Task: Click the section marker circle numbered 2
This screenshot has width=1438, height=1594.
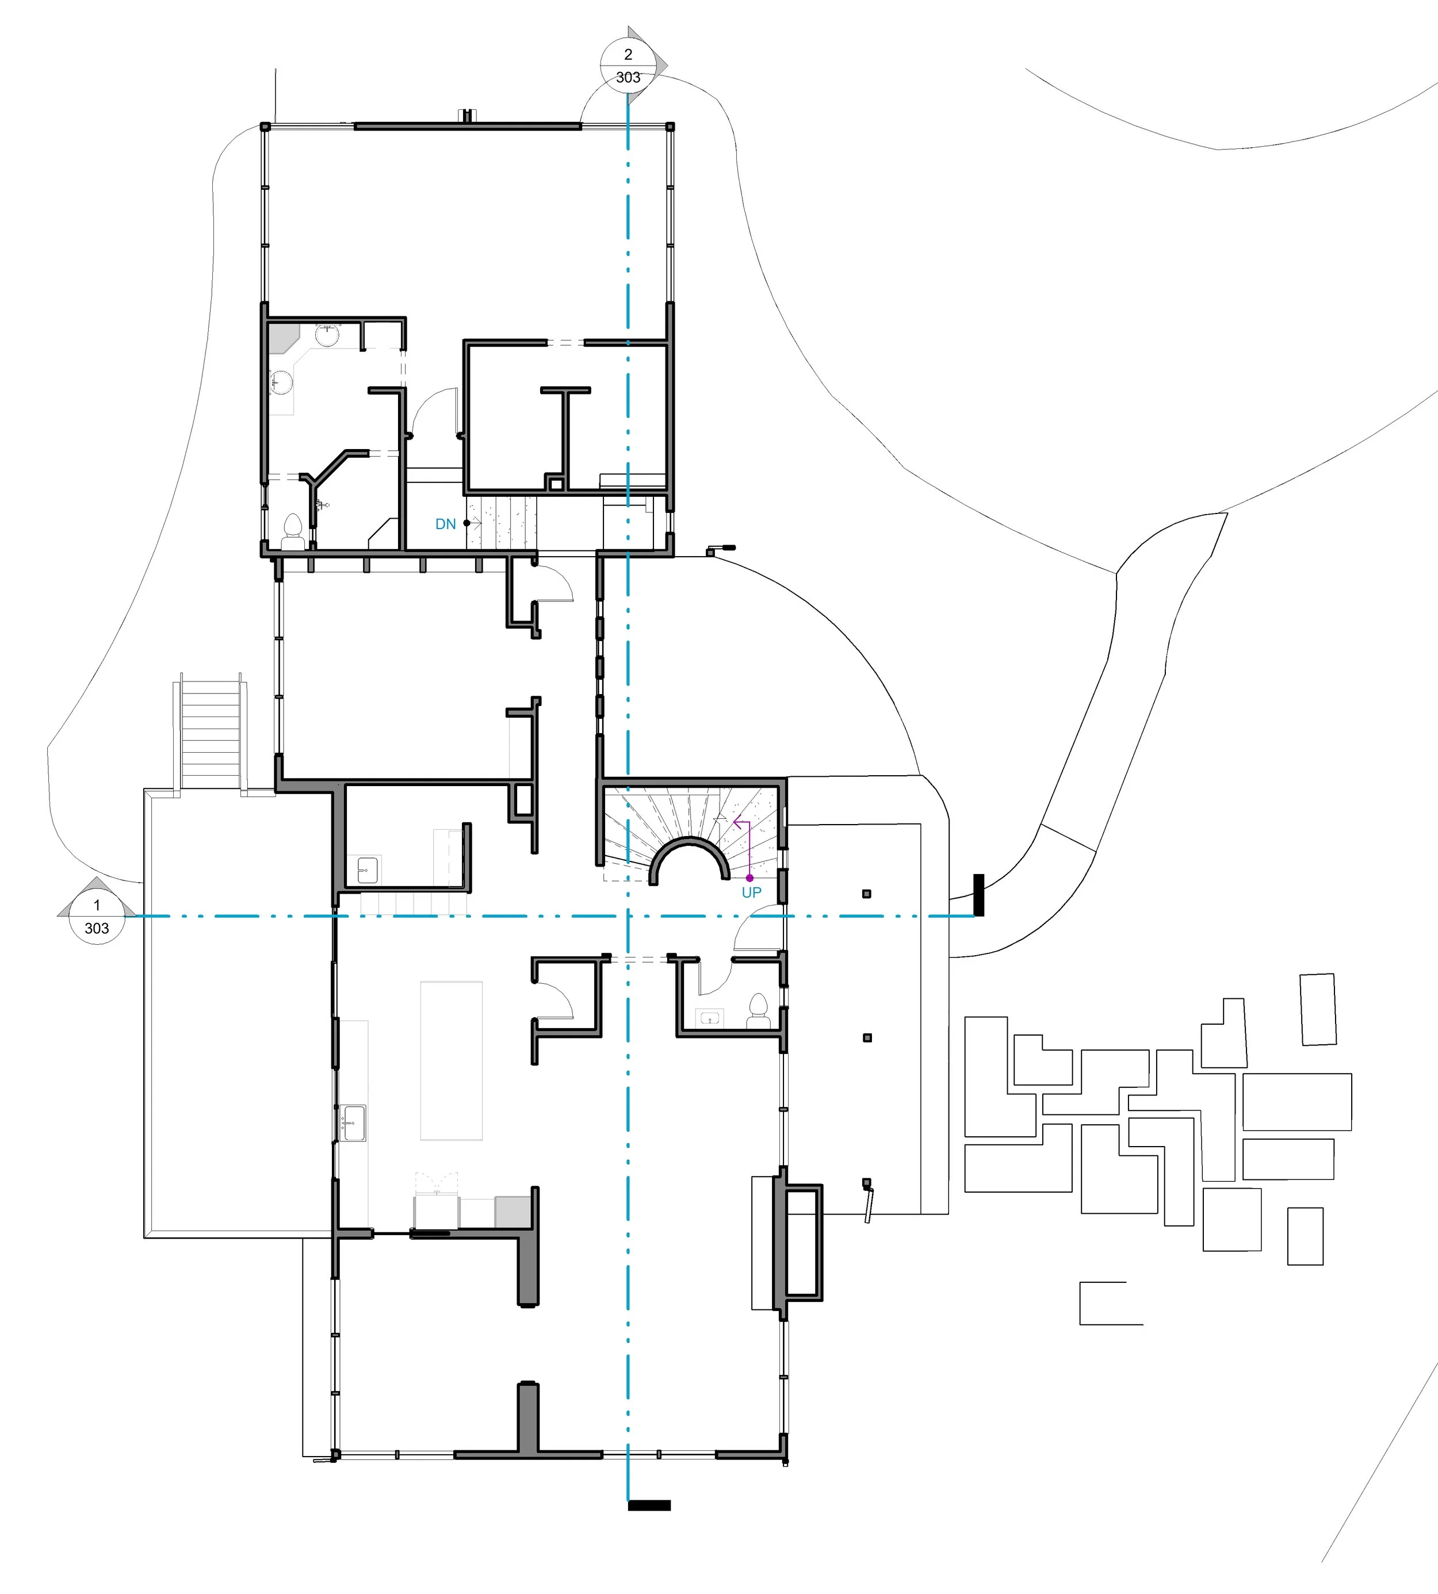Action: (628, 65)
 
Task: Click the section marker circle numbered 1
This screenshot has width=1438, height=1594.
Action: (97, 916)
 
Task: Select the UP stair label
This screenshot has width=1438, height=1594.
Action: (751, 892)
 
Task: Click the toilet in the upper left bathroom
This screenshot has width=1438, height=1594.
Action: (293, 531)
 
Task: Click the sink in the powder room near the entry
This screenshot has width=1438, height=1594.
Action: (710, 1019)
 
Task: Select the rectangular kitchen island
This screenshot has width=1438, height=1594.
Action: (451, 1060)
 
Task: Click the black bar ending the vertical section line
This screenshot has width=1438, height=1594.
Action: (649, 1505)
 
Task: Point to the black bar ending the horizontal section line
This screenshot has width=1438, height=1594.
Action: (979, 895)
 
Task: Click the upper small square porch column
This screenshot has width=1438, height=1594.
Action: (867, 894)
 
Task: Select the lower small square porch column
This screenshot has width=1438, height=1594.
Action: (867, 1037)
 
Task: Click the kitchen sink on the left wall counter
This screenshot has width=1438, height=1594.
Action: (353, 1123)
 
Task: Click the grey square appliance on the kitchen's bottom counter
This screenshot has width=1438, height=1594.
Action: (512, 1212)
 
